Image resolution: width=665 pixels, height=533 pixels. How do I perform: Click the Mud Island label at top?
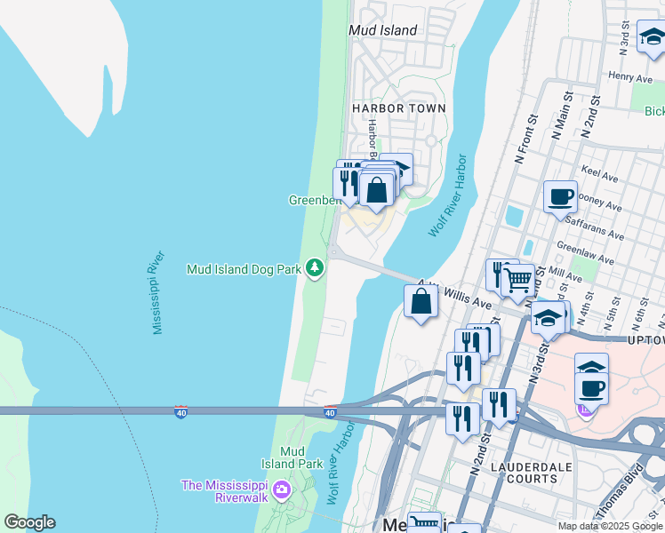click(x=382, y=30)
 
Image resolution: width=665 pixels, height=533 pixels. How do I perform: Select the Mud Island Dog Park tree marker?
click(x=315, y=266)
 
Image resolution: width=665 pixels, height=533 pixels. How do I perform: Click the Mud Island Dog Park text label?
click(x=242, y=268)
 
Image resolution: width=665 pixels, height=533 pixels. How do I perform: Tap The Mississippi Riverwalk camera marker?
click(x=282, y=489)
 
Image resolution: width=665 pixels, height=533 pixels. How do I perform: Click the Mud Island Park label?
click(x=292, y=457)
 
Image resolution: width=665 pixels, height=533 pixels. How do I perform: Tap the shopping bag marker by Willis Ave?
click(x=421, y=300)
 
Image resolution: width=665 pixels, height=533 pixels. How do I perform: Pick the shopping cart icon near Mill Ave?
click(x=517, y=281)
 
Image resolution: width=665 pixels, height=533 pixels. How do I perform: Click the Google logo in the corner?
click(x=29, y=522)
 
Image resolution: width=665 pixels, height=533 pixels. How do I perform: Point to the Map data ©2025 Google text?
click(x=610, y=526)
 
